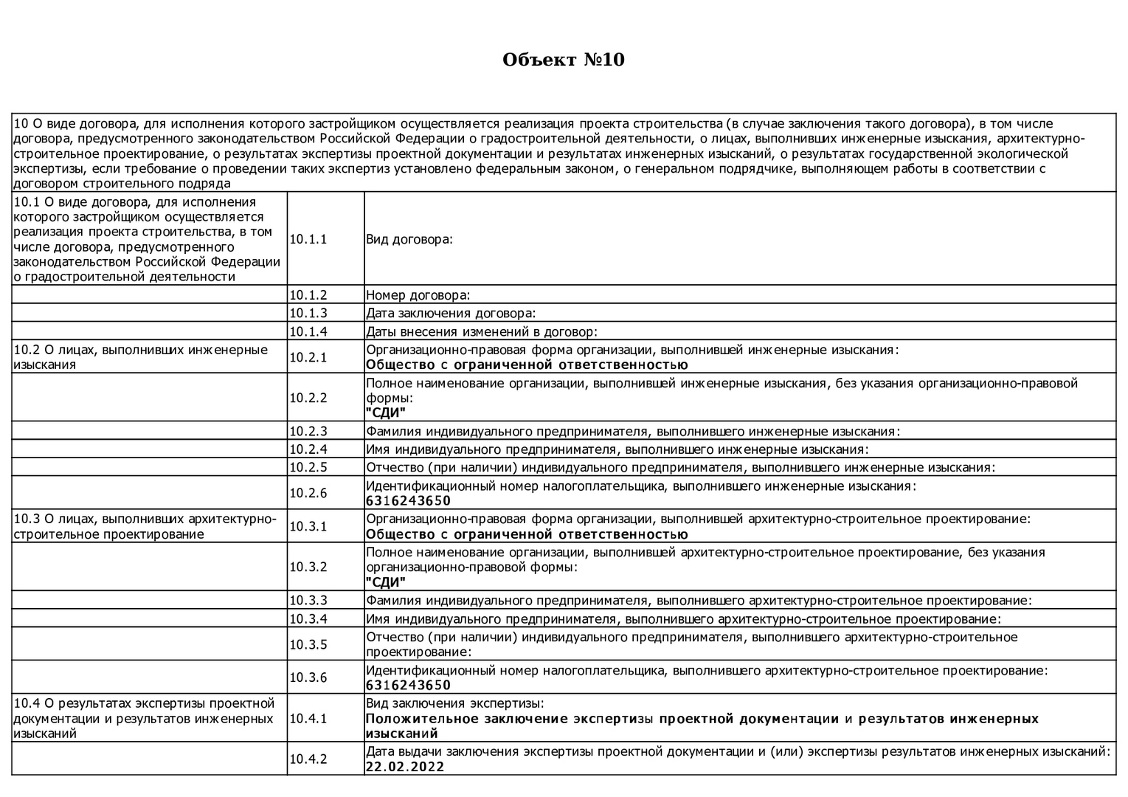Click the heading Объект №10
[563, 60]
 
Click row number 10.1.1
[308, 239]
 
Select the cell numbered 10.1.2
[308, 295]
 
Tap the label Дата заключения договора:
[451, 314]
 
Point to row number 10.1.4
[308, 331]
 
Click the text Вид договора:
[409, 239]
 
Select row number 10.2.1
[308, 357]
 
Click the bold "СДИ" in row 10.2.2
[386, 413]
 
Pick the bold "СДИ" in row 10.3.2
[386, 582]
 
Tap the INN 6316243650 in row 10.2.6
[408, 501]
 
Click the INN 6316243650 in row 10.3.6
[408, 686]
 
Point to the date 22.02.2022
[405, 767]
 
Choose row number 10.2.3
[308, 431]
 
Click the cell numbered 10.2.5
[308, 467]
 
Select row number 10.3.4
[308, 619]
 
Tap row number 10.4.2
[308, 759]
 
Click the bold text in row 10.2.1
[527, 365]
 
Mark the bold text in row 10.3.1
[527, 534]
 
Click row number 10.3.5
[308, 644]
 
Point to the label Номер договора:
[418, 295]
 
